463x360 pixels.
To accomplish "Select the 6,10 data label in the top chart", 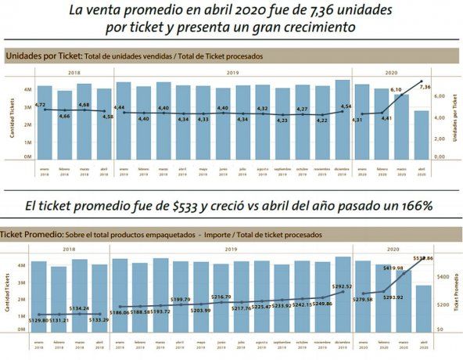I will click(x=397, y=90).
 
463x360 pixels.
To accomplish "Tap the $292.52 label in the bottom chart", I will click(x=341, y=286).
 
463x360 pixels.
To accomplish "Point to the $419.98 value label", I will click(x=394, y=268).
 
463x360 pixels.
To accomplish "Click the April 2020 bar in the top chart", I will click(x=422, y=135).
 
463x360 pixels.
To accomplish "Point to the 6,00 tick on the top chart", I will click(x=440, y=96).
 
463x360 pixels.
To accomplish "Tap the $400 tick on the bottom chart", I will click(x=441, y=277).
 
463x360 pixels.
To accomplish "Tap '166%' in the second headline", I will click(x=415, y=206).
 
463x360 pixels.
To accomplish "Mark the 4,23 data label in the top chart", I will click(x=282, y=121).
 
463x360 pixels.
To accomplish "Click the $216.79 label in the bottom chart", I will click(x=222, y=297).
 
